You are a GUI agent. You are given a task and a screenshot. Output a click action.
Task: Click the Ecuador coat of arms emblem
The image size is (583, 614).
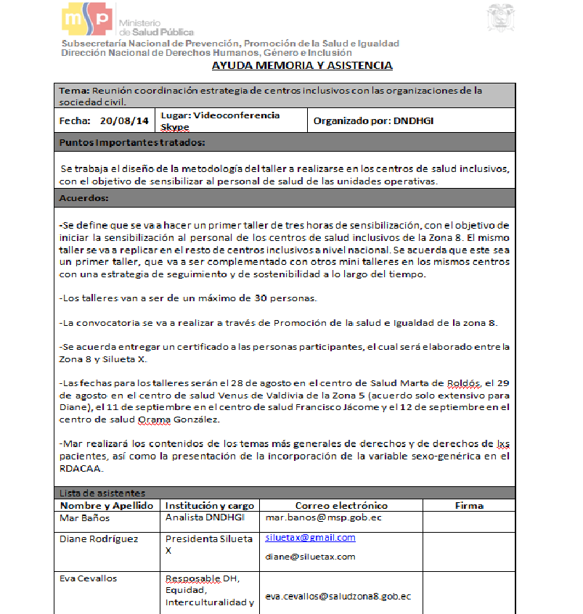(501, 17)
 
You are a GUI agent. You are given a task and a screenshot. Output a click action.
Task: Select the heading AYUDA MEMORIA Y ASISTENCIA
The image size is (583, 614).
(302, 65)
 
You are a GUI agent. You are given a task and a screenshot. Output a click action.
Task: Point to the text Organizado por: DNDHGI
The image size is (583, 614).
(374, 121)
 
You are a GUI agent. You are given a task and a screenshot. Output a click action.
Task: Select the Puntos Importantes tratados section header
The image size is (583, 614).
(132, 142)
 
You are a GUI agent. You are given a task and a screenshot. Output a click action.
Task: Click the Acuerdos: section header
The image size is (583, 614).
(84, 198)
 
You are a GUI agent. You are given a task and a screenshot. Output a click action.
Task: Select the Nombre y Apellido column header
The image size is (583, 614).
(107, 505)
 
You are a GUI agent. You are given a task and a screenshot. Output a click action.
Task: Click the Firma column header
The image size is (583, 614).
(469, 505)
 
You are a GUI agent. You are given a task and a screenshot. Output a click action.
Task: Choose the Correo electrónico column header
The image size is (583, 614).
(341, 505)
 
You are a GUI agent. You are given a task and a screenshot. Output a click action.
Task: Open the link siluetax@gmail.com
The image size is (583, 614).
(310, 538)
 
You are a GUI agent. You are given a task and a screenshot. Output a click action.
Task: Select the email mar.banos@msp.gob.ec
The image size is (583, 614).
(324, 519)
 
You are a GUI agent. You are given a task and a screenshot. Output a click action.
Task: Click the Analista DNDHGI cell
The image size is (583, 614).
(205, 517)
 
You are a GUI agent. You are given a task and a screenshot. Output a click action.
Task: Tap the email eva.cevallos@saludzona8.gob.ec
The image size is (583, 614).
(338, 596)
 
